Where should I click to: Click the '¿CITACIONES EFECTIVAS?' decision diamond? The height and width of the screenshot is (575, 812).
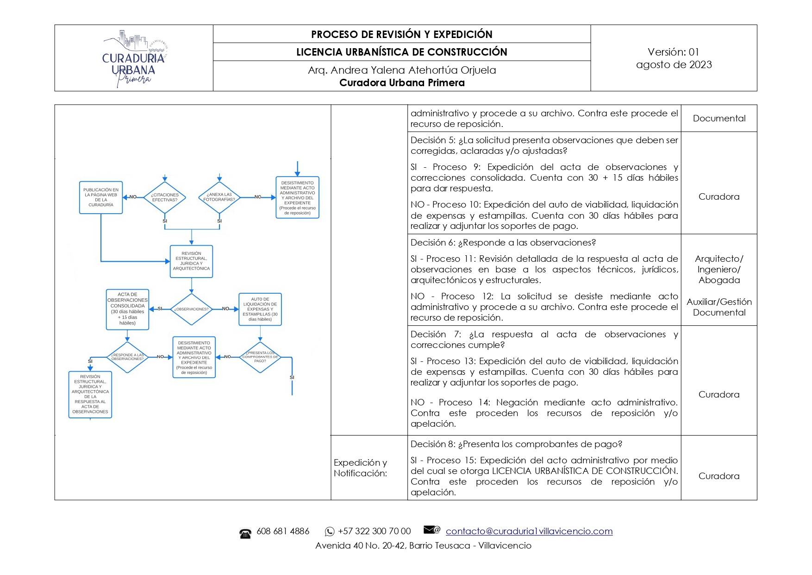(x=165, y=197)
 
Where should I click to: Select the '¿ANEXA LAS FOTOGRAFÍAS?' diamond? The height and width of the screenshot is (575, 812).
(x=219, y=197)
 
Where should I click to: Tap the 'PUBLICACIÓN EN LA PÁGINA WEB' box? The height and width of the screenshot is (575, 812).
(x=101, y=197)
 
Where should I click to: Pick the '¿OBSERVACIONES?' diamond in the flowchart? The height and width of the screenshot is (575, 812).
(x=191, y=309)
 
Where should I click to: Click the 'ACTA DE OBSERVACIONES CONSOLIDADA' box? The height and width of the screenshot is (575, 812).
(x=127, y=309)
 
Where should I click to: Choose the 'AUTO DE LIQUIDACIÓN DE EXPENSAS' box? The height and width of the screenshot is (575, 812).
(x=260, y=309)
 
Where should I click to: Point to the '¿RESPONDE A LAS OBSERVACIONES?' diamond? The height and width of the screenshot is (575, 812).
(x=127, y=357)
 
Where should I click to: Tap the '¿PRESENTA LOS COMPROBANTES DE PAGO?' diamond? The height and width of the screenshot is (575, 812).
(x=260, y=357)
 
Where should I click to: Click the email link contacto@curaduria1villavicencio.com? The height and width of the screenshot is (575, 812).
(x=529, y=531)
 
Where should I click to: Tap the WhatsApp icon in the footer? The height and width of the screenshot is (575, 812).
(x=330, y=531)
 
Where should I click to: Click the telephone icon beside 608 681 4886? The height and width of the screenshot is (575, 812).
(x=245, y=533)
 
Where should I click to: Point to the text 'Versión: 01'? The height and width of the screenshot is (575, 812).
(x=673, y=52)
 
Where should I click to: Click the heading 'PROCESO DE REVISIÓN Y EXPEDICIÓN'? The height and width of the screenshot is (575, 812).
(x=401, y=34)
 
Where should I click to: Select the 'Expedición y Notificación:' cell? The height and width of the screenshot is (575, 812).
(x=360, y=468)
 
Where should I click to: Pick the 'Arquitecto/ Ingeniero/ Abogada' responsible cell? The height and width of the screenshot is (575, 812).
(x=719, y=269)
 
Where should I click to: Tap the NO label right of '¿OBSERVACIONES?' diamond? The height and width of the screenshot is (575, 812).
(x=225, y=309)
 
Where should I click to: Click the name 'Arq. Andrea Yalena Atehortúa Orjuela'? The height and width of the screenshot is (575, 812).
(x=401, y=70)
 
